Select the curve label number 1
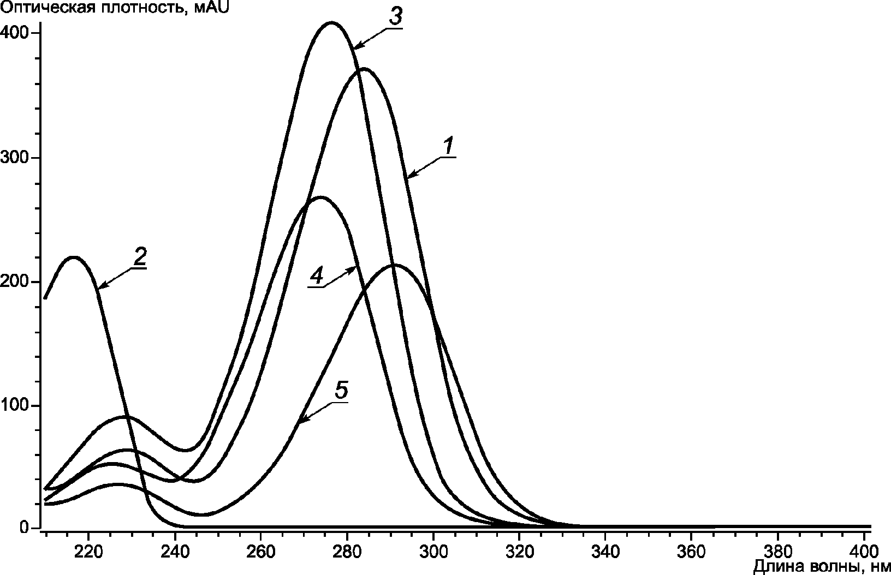click(x=448, y=146)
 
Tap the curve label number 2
click(x=140, y=257)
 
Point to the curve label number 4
click(x=316, y=277)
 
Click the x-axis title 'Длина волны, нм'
click(x=822, y=567)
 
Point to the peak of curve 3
click(x=331, y=23)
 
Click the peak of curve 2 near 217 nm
click(x=74, y=257)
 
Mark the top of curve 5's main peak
click(x=394, y=265)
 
